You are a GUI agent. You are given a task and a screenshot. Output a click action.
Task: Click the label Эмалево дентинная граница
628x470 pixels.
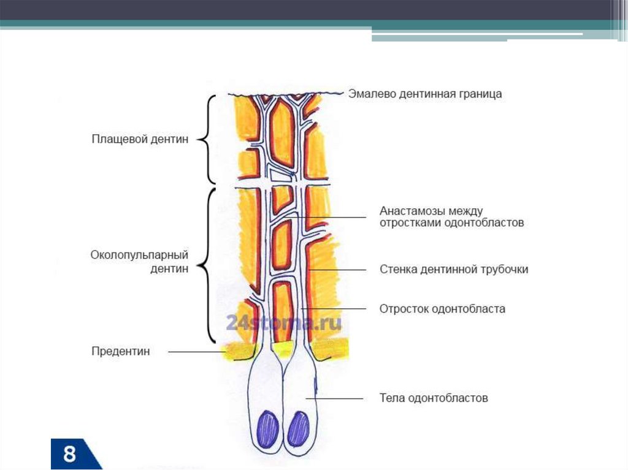coord(425,94)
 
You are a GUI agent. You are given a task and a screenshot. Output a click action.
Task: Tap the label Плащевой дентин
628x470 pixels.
coord(140,140)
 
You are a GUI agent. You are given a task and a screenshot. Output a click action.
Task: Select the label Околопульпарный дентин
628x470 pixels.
coord(139,261)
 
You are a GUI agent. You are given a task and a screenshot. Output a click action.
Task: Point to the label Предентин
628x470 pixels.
coord(121,352)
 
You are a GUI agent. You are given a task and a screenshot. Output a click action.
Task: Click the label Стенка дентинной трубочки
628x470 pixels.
coord(454,270)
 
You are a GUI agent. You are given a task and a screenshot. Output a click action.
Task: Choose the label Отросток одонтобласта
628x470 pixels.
coord(442,309)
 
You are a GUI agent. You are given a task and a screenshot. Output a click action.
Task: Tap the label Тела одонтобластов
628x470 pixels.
coord(434,399)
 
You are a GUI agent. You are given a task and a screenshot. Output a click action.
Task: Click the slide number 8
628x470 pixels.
coord(69,455)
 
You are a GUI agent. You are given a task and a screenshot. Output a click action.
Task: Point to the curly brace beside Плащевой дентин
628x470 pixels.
coord(208,139)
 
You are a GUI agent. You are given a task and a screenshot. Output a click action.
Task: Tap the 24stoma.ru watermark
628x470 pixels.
coord(283,323)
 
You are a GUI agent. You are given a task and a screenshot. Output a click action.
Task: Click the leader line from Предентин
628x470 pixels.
coord(196,352)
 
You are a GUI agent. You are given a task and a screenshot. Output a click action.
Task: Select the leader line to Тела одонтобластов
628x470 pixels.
coord(337,399)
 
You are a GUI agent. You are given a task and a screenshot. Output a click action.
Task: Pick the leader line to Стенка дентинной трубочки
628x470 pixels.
coord(337,270)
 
